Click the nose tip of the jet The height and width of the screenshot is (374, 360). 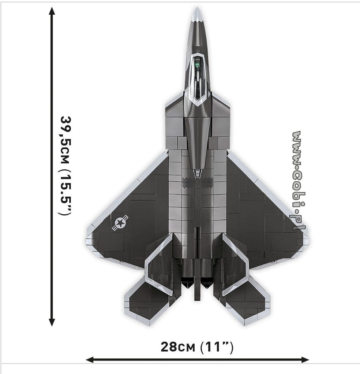coord(198,9)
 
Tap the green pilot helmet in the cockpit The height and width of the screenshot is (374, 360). coord(198,66)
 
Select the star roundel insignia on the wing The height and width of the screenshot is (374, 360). coord(120,223)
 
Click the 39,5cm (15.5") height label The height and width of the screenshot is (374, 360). coord(66,166)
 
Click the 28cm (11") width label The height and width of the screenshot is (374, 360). coord(197,346)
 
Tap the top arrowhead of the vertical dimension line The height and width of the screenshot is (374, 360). coord(52,11)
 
